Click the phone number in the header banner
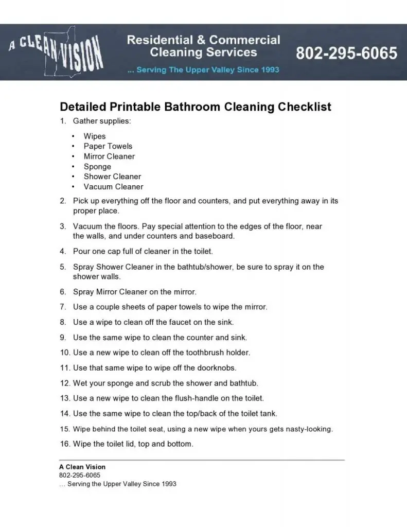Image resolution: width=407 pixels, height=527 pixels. point(346,53)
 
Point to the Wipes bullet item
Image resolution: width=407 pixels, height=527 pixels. point(95,136)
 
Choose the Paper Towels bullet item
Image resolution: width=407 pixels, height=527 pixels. point(108,146)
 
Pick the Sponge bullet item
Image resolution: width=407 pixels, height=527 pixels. point(97,167)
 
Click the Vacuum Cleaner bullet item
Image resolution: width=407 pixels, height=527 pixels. point(113,187)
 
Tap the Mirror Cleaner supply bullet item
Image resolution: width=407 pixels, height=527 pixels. point(109,156)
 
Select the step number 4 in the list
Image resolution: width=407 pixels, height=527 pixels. point(62,252)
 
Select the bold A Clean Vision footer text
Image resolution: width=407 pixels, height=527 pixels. point(82,467)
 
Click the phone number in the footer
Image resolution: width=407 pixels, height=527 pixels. point(80,476)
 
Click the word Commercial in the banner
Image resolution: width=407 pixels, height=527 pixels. point(244,40)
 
